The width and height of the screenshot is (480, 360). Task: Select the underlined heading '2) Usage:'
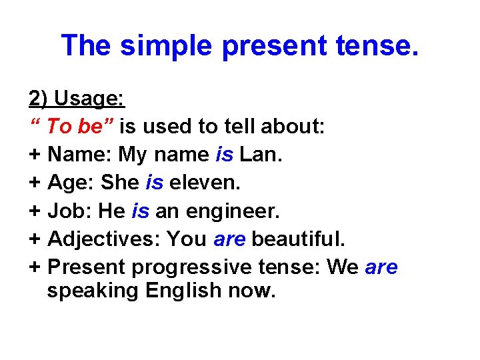77,99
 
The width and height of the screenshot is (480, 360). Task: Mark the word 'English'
183,291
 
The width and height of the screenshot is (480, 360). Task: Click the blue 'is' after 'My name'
224,155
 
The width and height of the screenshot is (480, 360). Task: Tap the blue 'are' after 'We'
381,267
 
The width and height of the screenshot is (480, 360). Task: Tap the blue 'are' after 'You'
229,239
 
